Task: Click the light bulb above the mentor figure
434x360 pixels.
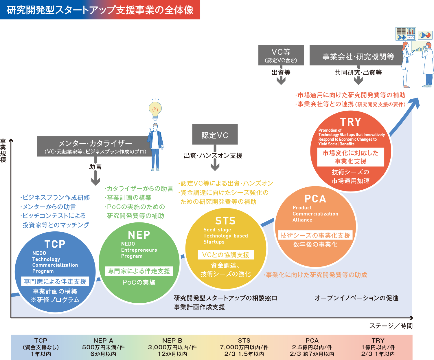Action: pyautogui.click(x=155, y=110)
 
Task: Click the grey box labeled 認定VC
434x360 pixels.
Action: pyautogui.click(x=215, y=135)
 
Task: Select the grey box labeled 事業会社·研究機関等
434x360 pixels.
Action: pyautogui.click(x=358, y=56)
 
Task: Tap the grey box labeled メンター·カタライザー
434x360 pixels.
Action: pyautogui.click(x=95, y=146)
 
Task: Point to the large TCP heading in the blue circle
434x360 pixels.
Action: pyautogui.click(x=55, y=244)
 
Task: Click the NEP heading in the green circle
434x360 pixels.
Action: pyautogui.click(x=139, y=235)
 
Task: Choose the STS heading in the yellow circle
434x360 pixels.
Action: pyautogui.click(x=225, y=221)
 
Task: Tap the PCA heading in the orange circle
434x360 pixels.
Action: pyautogui.click(x=315, y=199)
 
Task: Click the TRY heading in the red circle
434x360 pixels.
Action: pyautogui.click(x=350, y=122)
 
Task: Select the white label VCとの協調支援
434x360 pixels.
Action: pyautogui.click(x=226, y=255)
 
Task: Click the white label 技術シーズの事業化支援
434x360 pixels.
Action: pyautogui.click(x=315, y=235)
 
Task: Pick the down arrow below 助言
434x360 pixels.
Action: pyautogui.click(x=95, y=180)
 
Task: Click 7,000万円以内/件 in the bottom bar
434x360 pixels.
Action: pyautogui.click(x=244, y=347)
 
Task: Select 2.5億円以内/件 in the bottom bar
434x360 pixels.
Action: pyautogui.click(x=312, y=347)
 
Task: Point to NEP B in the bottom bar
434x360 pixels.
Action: pyautogui.click(x=172, y=341)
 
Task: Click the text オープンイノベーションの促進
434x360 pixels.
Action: pyautogui.click(x=356, y=298)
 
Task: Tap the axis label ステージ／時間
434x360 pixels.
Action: pyautogui.click(x=391, y=326)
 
